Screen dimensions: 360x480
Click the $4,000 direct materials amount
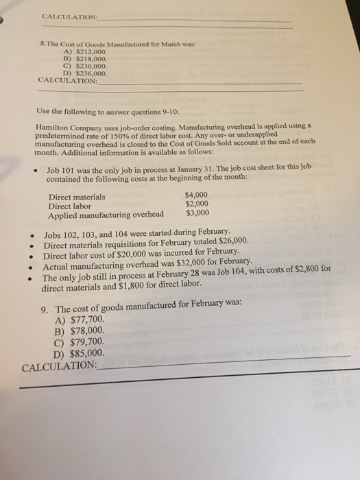tap(202, 195)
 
